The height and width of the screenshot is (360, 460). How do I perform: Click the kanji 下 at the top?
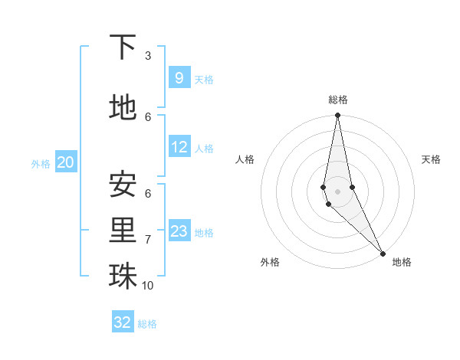(x=123, y=47)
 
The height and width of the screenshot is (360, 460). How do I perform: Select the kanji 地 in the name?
(x=123, y=107)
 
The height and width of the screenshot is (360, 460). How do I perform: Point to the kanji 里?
(x=123, y=230)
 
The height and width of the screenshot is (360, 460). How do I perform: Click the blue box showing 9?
(x=179, y=77)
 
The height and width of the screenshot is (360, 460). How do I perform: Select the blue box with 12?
(x=179, y=146)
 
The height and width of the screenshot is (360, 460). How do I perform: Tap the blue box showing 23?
(x=179, y=231)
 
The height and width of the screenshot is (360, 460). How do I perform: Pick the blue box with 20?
(x=65, y=162)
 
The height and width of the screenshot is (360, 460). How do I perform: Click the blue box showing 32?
(x=123, y=322)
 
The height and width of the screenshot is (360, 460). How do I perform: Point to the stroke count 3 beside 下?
(x=147, y=55)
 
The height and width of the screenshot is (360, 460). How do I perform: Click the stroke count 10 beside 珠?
(x=148, y=285)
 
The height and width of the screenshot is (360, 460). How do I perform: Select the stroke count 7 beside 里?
(x=147, y=239)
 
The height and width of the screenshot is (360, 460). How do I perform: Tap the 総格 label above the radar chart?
(x=337, y=100)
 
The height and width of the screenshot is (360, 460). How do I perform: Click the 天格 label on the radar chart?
(x=431, y=159)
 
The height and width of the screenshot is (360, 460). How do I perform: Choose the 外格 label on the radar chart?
(x=270, y=262)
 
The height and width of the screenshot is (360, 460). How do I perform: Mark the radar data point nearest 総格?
(x=337, y=116)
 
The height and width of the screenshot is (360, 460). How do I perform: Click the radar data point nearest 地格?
(x=383, y=252)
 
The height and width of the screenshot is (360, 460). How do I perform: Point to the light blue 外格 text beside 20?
(x=41, y=163)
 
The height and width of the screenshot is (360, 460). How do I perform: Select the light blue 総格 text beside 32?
(x=147, y=324)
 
